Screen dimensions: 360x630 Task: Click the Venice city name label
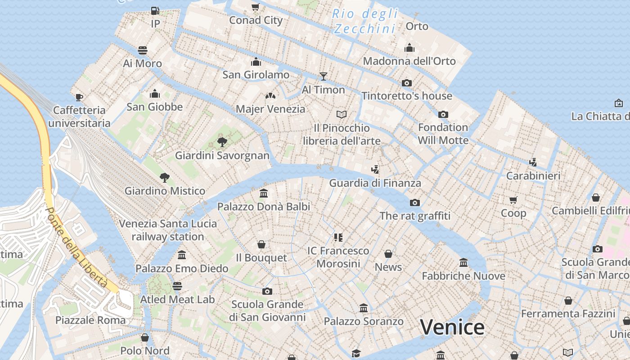452,327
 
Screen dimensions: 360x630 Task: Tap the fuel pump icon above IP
155,10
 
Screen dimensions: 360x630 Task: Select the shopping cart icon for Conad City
256,7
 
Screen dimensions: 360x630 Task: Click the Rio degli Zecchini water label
364,21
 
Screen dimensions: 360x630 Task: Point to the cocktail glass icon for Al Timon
323,76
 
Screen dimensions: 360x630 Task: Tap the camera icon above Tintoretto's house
406,83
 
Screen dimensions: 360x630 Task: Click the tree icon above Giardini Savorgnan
222,142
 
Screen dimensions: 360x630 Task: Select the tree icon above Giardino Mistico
165,177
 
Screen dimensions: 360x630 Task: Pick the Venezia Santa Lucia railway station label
168,230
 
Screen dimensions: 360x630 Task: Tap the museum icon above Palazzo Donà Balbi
264,193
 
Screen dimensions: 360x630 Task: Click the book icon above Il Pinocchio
342,115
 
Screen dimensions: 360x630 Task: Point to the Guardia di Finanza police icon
375,170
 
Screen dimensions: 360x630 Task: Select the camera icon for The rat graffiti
415,202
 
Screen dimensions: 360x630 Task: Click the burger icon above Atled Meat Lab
177,286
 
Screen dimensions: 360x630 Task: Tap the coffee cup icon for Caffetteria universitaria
79,97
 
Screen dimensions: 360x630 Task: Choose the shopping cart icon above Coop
513,200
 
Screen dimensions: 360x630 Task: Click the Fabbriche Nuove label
463,276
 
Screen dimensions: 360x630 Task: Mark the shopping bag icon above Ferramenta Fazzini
568,300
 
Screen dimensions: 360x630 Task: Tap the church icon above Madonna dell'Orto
409,48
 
